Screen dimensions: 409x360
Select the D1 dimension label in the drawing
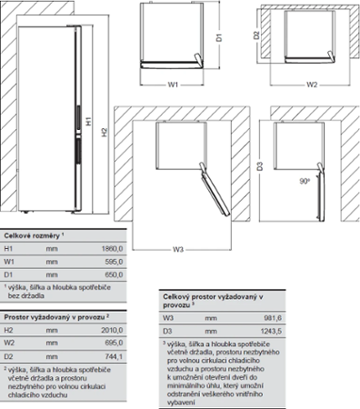(x=220, y=38)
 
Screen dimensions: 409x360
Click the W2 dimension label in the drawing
(x=310, y=86)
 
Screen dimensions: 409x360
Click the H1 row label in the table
(x=9, y=247)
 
